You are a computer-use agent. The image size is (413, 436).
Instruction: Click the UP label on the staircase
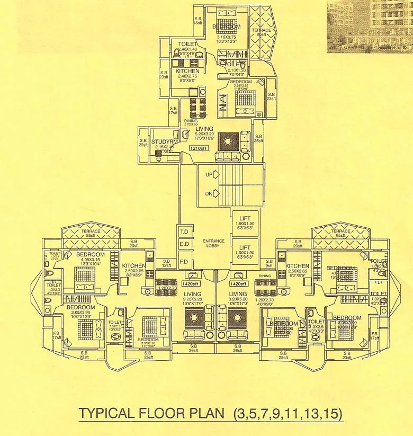209,174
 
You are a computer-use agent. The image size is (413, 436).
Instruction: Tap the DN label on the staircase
209,194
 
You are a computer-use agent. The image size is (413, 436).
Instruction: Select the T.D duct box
185,232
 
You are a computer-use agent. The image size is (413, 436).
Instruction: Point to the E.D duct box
185,244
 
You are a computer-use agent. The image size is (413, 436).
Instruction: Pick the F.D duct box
185,261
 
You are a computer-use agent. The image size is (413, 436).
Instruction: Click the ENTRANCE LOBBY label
213,243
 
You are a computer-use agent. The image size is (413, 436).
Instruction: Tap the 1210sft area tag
197,149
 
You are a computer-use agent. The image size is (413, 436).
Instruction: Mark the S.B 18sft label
197,20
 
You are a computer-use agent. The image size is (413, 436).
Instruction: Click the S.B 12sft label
166,262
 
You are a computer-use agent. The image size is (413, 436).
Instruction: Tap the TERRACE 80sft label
263,33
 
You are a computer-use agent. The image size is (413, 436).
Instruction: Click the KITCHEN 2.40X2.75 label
187,74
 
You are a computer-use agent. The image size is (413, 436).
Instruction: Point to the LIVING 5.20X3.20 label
204,132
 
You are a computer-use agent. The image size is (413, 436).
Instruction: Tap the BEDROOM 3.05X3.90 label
80,310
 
